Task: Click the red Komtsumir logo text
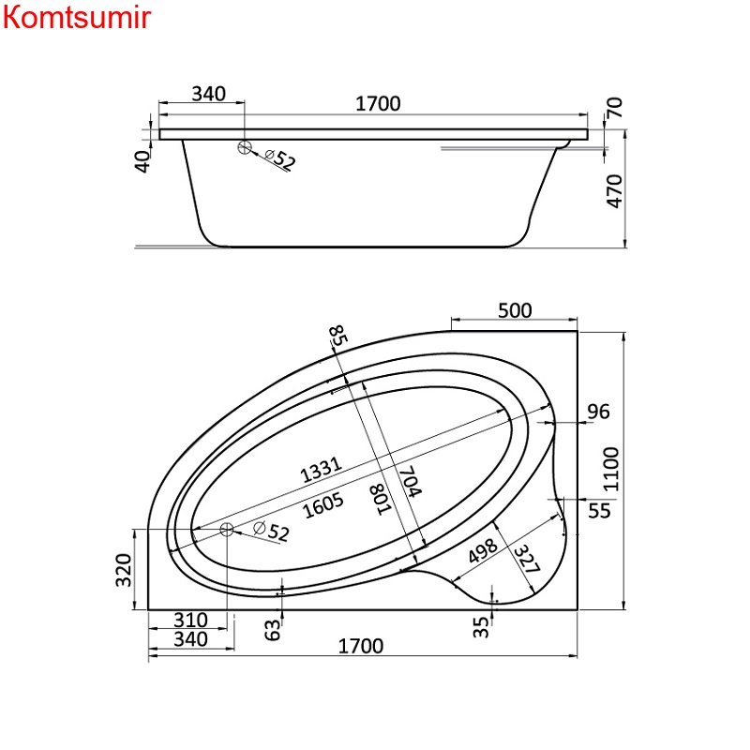[77, 17]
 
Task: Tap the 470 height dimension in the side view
[615, 191]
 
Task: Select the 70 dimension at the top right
[615, 108]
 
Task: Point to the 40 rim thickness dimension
[142, 161]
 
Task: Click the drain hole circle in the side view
[245, 147]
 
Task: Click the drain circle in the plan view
[226, 529]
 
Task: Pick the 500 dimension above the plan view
[515, 310]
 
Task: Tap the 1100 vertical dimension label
[611, 470]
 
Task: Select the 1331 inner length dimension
[321, 470]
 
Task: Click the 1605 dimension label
[323, 505]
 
